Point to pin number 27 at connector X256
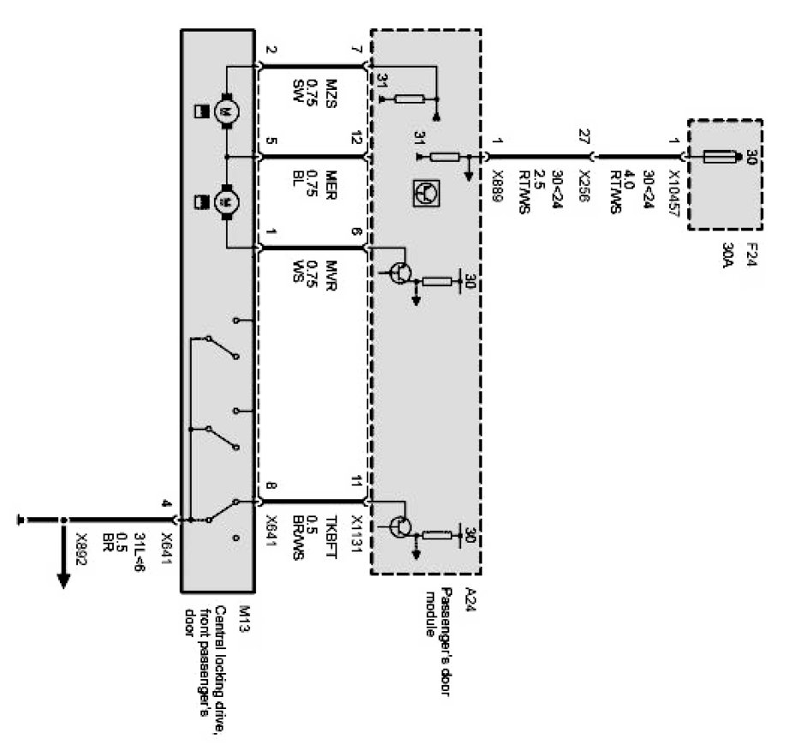[585, 136]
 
